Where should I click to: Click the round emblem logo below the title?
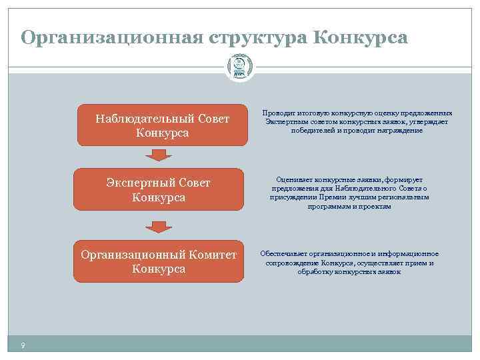click(239, 67)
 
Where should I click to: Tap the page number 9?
click(23, 345)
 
